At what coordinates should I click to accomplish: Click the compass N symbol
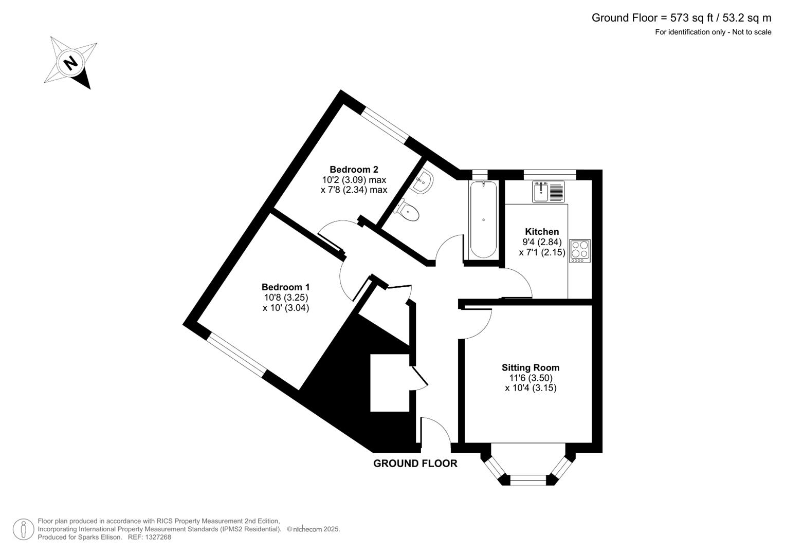[x=71, y=63]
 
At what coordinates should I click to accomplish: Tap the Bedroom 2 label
[x=354, y=170]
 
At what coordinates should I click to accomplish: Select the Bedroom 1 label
[x=285, y=287]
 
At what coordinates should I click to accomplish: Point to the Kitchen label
[x=542, y=232]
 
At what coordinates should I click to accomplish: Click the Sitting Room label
[x=531, y=367]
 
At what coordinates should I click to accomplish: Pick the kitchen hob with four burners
[x=580, y=251]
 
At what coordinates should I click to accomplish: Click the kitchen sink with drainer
[x=548, y=192]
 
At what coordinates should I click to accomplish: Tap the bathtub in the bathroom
[x=483, y=219]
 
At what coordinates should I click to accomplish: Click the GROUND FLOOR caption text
[x=415, y=464]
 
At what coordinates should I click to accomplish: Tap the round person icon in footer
[x=24, y=529]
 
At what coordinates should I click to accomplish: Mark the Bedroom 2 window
[x=385, y=126]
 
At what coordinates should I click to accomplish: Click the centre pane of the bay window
[x=528, y=480]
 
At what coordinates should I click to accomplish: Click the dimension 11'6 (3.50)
[x=531, y=378]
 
